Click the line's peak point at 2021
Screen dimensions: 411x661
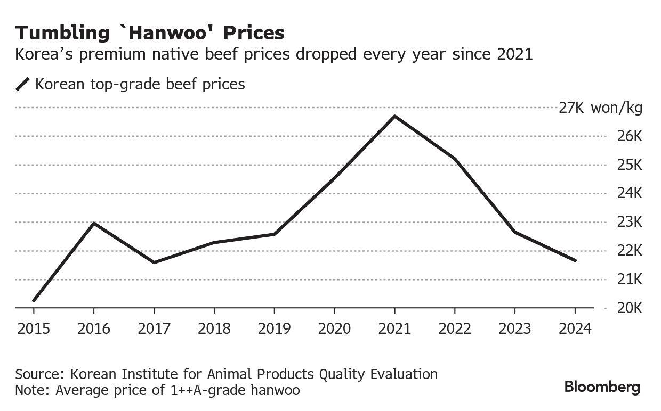coord(394,116)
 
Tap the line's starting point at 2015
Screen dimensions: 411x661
coord(34,301)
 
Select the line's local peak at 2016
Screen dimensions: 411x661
coord(94,223)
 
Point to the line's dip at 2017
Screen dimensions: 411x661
coord(154,262)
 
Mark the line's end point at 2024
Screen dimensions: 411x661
coord(575,260)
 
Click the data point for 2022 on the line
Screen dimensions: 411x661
coord(455,159)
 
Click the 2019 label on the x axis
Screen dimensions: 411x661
coord(274,328)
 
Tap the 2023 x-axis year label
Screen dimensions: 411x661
coord(515,328)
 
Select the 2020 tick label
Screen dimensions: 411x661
coord(334,328)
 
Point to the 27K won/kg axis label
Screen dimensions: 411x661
coord(600,108)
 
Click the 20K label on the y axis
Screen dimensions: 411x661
coord(630,308)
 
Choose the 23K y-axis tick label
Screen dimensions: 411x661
coord(630,222)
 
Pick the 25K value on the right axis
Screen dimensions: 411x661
coord(630,165)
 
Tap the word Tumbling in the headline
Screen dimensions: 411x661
coord(62,33)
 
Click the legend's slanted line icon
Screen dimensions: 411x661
coord(23,84)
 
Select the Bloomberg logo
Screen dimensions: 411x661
coord(602,387)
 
